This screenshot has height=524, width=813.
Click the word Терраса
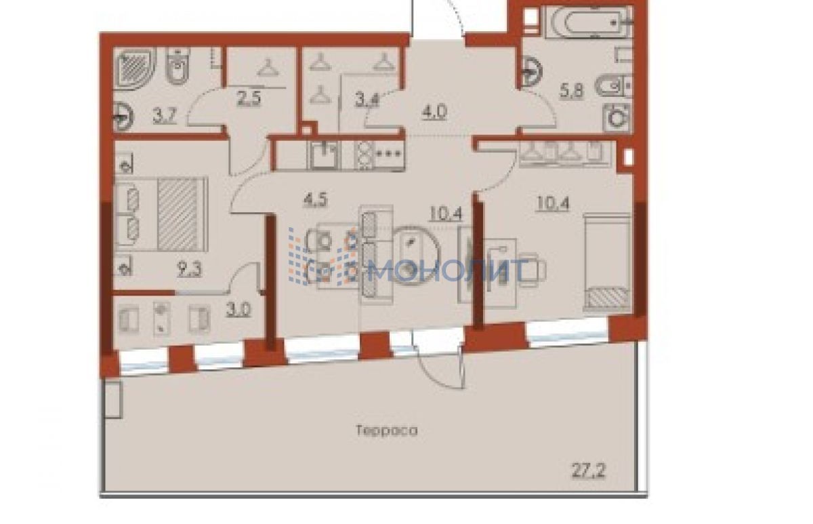[x=387, y=430]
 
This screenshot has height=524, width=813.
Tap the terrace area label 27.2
[x=587, y=472]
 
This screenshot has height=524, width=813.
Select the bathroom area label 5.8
[x=572, y=91]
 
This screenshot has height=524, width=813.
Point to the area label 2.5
[x=249, y=98]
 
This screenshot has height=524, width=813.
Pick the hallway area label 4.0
[x=434, y=112]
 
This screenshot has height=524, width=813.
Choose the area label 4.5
[x=316, y=199]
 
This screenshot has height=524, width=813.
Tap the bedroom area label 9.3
[x=189, y=270]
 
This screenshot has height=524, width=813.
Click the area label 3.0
[x=238, y=310]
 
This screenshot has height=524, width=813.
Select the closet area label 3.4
[x=367, y=99]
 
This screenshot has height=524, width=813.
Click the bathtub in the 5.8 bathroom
[x=590, y=22]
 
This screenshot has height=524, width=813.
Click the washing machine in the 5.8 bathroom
[x=617, y=118]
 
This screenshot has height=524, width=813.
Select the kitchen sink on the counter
[x=324, y=155]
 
